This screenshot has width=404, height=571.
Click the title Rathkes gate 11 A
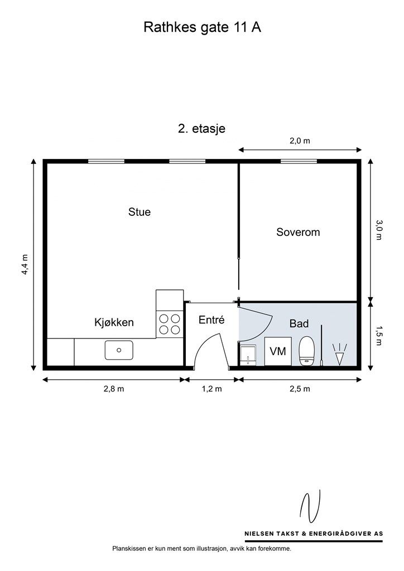(x=202, y=28)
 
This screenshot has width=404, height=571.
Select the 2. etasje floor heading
(x=201, y=129)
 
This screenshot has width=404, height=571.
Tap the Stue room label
(x=139, y=212)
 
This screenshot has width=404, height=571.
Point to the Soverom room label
(x=298, y=232)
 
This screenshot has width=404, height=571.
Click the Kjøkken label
(x=114, y=322)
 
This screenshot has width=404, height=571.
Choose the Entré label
(x=211, y=320)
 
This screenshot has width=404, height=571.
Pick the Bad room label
(x=299, y=323)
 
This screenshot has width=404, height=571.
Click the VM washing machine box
(x=277, y=351)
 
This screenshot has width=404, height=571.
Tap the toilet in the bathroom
(x=306, y=351)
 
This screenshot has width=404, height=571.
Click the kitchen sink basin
(x=119, y=350)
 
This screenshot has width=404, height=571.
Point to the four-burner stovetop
(x=170, y=324)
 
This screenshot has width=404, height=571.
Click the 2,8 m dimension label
(x=114, y=389)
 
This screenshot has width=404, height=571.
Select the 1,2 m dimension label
(x=211, y=389)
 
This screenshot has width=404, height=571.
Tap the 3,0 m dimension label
(x=379, y=230)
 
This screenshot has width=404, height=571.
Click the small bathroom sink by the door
(x=248, y=355)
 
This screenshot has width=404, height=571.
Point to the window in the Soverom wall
(x=299, y=161)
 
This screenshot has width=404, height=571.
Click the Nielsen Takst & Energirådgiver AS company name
(x=314, y=534)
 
